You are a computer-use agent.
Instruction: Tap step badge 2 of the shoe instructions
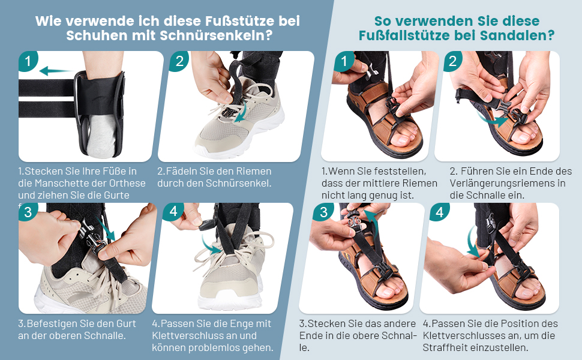[179, 61]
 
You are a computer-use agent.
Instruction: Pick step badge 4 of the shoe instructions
[173, 212]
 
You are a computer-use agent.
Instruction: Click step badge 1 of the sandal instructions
[344, 61]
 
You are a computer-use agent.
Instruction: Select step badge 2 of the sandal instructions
[452, 61]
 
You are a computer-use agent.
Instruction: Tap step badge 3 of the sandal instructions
[323, 212]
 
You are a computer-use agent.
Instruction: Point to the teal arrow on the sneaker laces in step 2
[242, 114]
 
